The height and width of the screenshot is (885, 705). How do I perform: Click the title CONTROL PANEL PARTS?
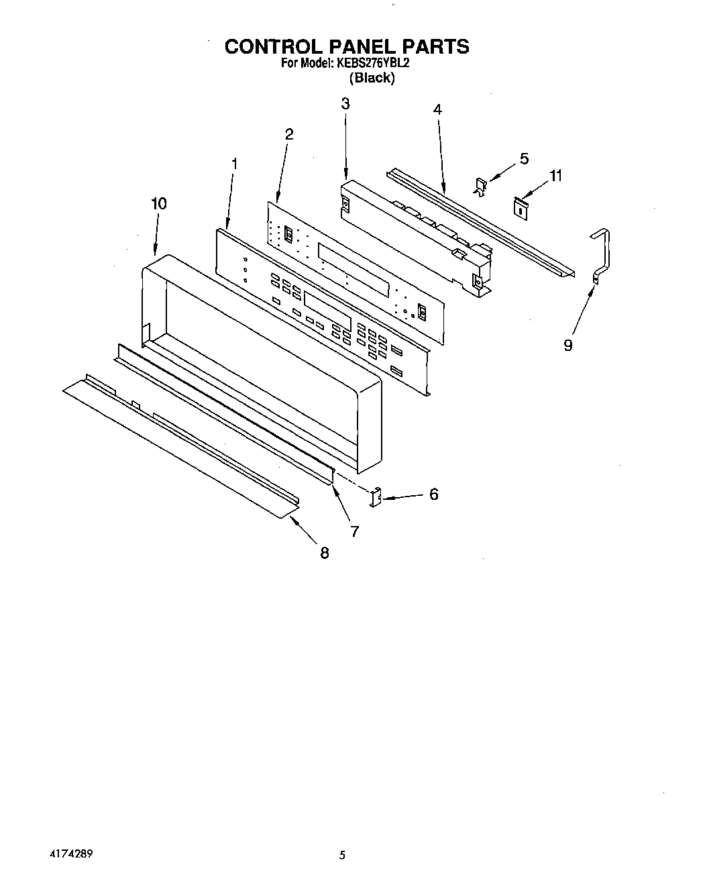(346, 46)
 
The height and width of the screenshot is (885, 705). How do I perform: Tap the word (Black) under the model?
(372, 78)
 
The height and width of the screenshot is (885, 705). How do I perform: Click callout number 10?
(159, 203)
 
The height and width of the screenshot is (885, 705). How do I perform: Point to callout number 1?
(234, 163)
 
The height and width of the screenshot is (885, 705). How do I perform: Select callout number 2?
(289, 134)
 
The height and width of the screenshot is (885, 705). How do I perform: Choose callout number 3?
(345, 104)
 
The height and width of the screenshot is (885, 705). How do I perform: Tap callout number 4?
(437, 109)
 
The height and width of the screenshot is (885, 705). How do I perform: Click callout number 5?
(524, 158)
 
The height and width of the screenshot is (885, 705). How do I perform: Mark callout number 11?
(555, 176)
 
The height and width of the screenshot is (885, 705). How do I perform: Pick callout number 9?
(568, 345)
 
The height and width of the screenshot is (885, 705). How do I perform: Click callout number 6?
(434, 494)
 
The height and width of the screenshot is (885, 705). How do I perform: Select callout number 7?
(354, 531)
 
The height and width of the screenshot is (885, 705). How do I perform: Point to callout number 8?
(325, 553)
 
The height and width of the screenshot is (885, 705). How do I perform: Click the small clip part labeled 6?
(376, 497)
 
